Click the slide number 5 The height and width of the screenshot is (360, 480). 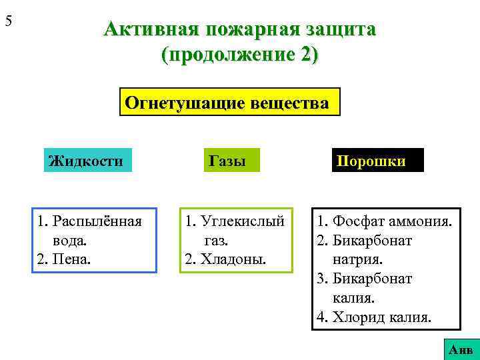9,21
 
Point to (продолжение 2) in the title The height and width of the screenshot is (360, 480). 240,54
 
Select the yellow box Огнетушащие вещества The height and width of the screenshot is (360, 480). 229,103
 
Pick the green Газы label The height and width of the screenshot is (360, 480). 227,161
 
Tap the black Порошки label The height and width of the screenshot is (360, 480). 377,161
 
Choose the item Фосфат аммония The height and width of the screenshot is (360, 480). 384,221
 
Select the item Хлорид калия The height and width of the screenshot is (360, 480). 373,317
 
